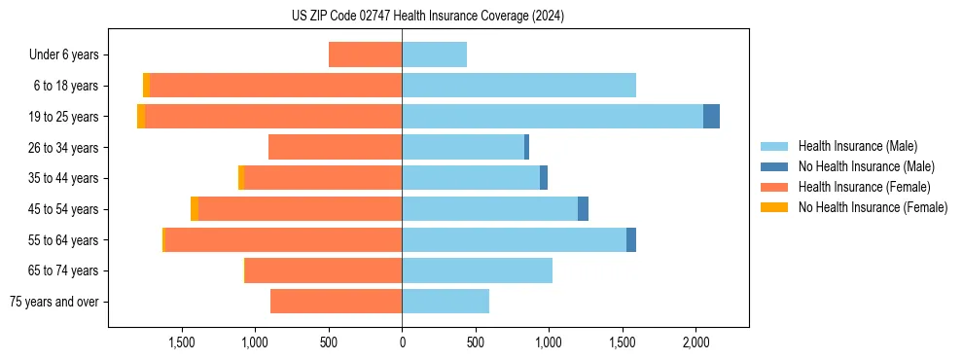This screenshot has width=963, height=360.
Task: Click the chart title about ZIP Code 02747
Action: coord(428,17)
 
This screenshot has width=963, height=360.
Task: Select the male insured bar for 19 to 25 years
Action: coord(553,116)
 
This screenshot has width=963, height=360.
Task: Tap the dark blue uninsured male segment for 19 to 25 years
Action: coord(711,116)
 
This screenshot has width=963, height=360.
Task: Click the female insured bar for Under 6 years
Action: coord(365,54)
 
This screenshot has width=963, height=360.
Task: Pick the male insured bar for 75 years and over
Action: coord(446,302)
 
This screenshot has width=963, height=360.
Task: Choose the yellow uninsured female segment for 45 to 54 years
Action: coord(195,208)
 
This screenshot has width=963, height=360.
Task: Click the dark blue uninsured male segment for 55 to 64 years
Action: coord(631,239)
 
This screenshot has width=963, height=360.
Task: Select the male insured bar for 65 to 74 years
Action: coord(477,270)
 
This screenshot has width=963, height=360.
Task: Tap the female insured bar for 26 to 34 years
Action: coord(335,147)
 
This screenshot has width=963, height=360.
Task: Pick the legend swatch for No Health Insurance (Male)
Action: coord(774,166)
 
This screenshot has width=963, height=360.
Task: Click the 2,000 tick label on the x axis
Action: coord(695,342)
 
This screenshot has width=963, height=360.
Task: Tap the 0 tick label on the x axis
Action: coord(402,342)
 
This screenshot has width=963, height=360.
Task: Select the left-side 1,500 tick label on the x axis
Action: coord(181,342)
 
